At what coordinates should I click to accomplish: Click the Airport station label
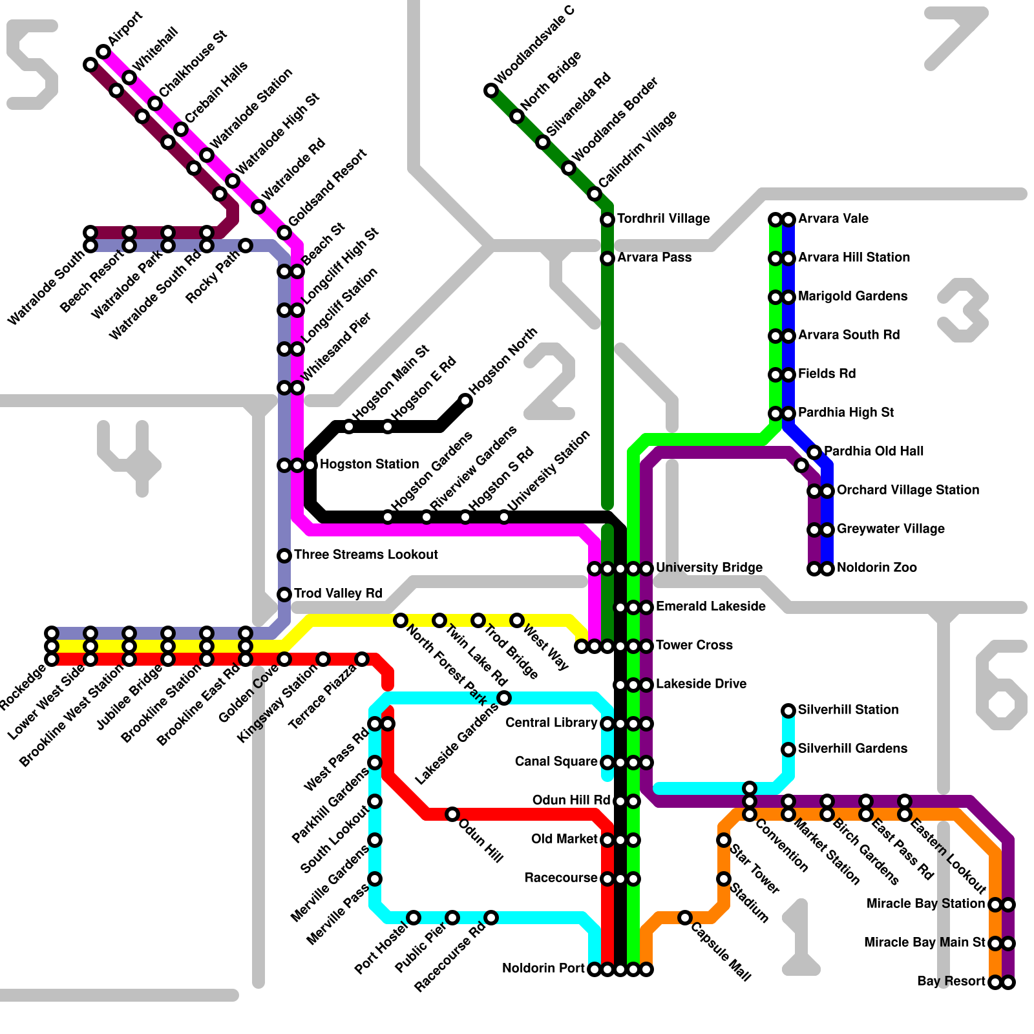point(125,29)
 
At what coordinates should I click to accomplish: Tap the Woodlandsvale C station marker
point(491,90)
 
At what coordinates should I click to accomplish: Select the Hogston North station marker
point(465,401)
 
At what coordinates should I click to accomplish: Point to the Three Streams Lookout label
point(366,555)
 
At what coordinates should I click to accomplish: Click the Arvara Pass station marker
point(607,258)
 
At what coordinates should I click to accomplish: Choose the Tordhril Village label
point(663,219)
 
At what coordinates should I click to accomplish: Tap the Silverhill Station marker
point(788,711)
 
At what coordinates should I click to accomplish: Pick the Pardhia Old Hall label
point(874,452)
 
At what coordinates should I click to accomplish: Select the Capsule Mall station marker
point(685,918)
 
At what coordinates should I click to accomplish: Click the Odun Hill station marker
point(452,814)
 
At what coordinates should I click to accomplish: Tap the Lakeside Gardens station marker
point(504,698)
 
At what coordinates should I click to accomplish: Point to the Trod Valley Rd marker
point(284,595)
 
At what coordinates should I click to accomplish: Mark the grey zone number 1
point(801,937)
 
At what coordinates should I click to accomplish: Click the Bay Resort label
point(951,982)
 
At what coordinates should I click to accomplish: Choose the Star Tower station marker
point(724,840)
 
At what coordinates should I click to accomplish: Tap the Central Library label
point(551,723)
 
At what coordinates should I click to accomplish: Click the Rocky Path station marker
point(246,246)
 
